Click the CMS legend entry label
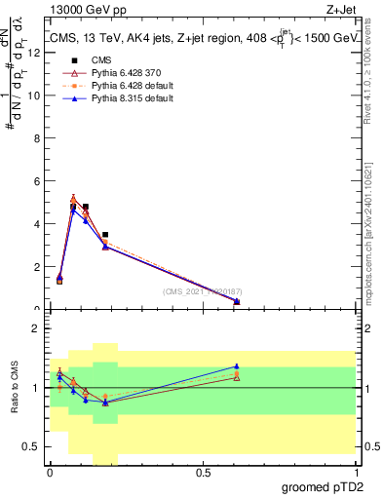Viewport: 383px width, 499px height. tap(95, 59)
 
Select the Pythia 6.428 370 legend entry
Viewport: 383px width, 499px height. tap(118, 72)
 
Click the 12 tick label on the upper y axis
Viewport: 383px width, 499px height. tap(36, 52)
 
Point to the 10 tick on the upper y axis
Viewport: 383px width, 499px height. tap(36, 95)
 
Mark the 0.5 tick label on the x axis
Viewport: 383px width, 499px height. tap(203, 472)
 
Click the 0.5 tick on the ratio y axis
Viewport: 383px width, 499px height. tap(36, 446)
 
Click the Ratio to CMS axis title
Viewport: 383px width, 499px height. tap(14, 388)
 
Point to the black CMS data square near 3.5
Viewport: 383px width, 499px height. tap(105, 235)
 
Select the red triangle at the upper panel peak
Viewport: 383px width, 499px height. tap(73, 199)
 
